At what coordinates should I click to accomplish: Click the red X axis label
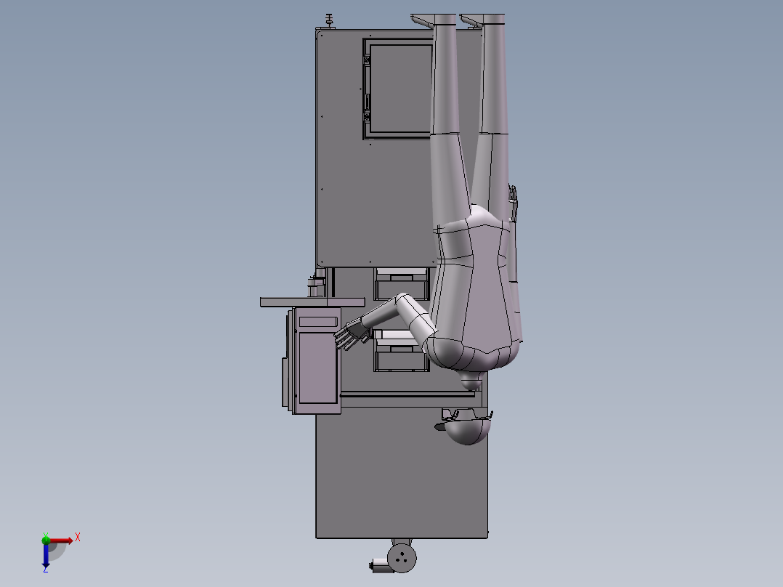(x=78, y=538)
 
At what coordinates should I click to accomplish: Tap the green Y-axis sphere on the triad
(x=46, y=539)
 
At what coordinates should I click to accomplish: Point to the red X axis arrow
(x=62, y=540)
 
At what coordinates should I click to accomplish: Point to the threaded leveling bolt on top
(x=330, y=21)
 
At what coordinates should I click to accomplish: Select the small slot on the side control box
(x=318, y=320)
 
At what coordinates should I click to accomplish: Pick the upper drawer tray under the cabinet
(x=400, y=283)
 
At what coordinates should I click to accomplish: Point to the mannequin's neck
(x=471, y=381)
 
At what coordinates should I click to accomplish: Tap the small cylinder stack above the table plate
(x=315, y=286)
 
